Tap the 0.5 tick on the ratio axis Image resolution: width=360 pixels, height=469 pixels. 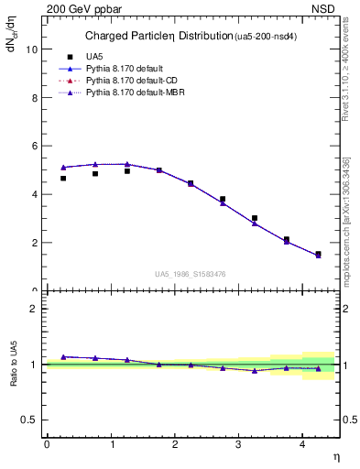(x=28, y=420)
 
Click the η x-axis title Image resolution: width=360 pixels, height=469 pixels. (x=335, y=455)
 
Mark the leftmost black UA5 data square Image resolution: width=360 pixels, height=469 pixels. (x=63, y=178)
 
